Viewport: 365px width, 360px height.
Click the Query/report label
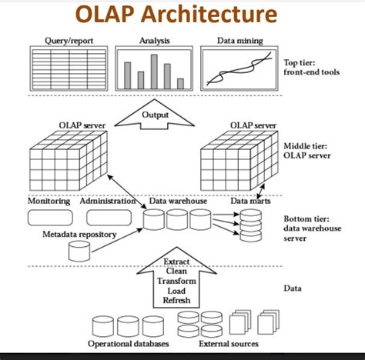[69, 40]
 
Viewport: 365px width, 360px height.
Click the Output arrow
[155, 116]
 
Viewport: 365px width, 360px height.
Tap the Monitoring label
[49, 202]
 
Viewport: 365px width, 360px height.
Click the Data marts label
[250, 202]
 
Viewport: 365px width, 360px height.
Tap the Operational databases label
[128, 344]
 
